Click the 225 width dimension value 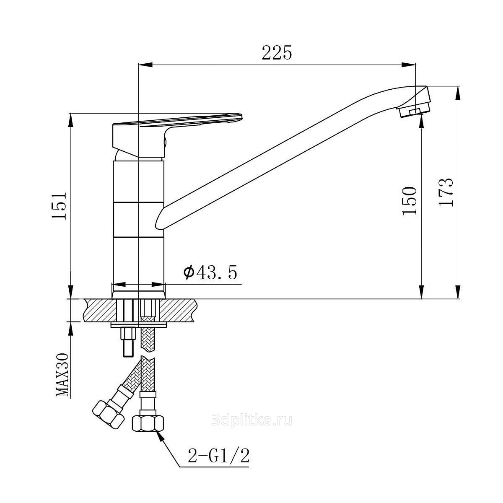[277, 52]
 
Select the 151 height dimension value [59, 206]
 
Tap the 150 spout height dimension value [409, 201]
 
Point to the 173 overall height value [446, 192]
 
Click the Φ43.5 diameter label [210, 273]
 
